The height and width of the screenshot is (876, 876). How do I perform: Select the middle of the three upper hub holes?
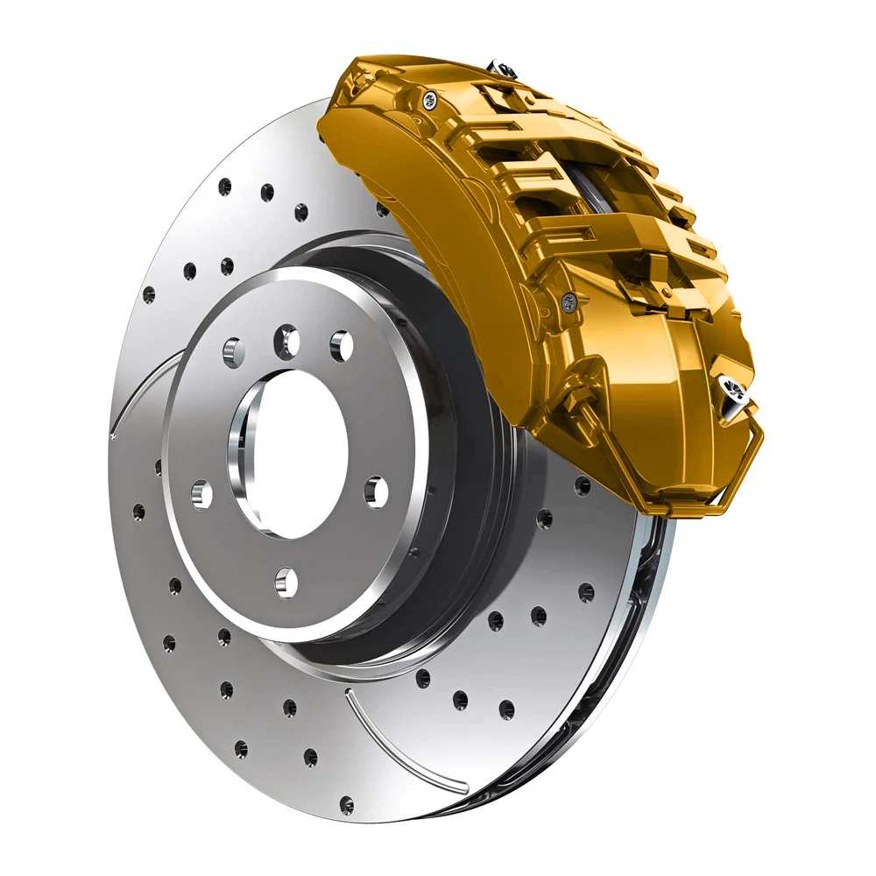[286, 341]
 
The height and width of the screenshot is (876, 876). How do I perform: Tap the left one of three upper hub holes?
[233, 352]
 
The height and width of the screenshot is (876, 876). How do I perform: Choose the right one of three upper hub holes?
[341, 346]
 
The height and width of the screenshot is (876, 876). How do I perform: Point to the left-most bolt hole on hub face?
[201, 495]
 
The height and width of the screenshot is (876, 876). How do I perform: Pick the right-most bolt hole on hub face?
[376, 491]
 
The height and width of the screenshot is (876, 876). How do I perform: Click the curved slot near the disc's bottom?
[394, 745]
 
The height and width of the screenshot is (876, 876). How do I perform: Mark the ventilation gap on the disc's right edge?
[644, 613]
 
